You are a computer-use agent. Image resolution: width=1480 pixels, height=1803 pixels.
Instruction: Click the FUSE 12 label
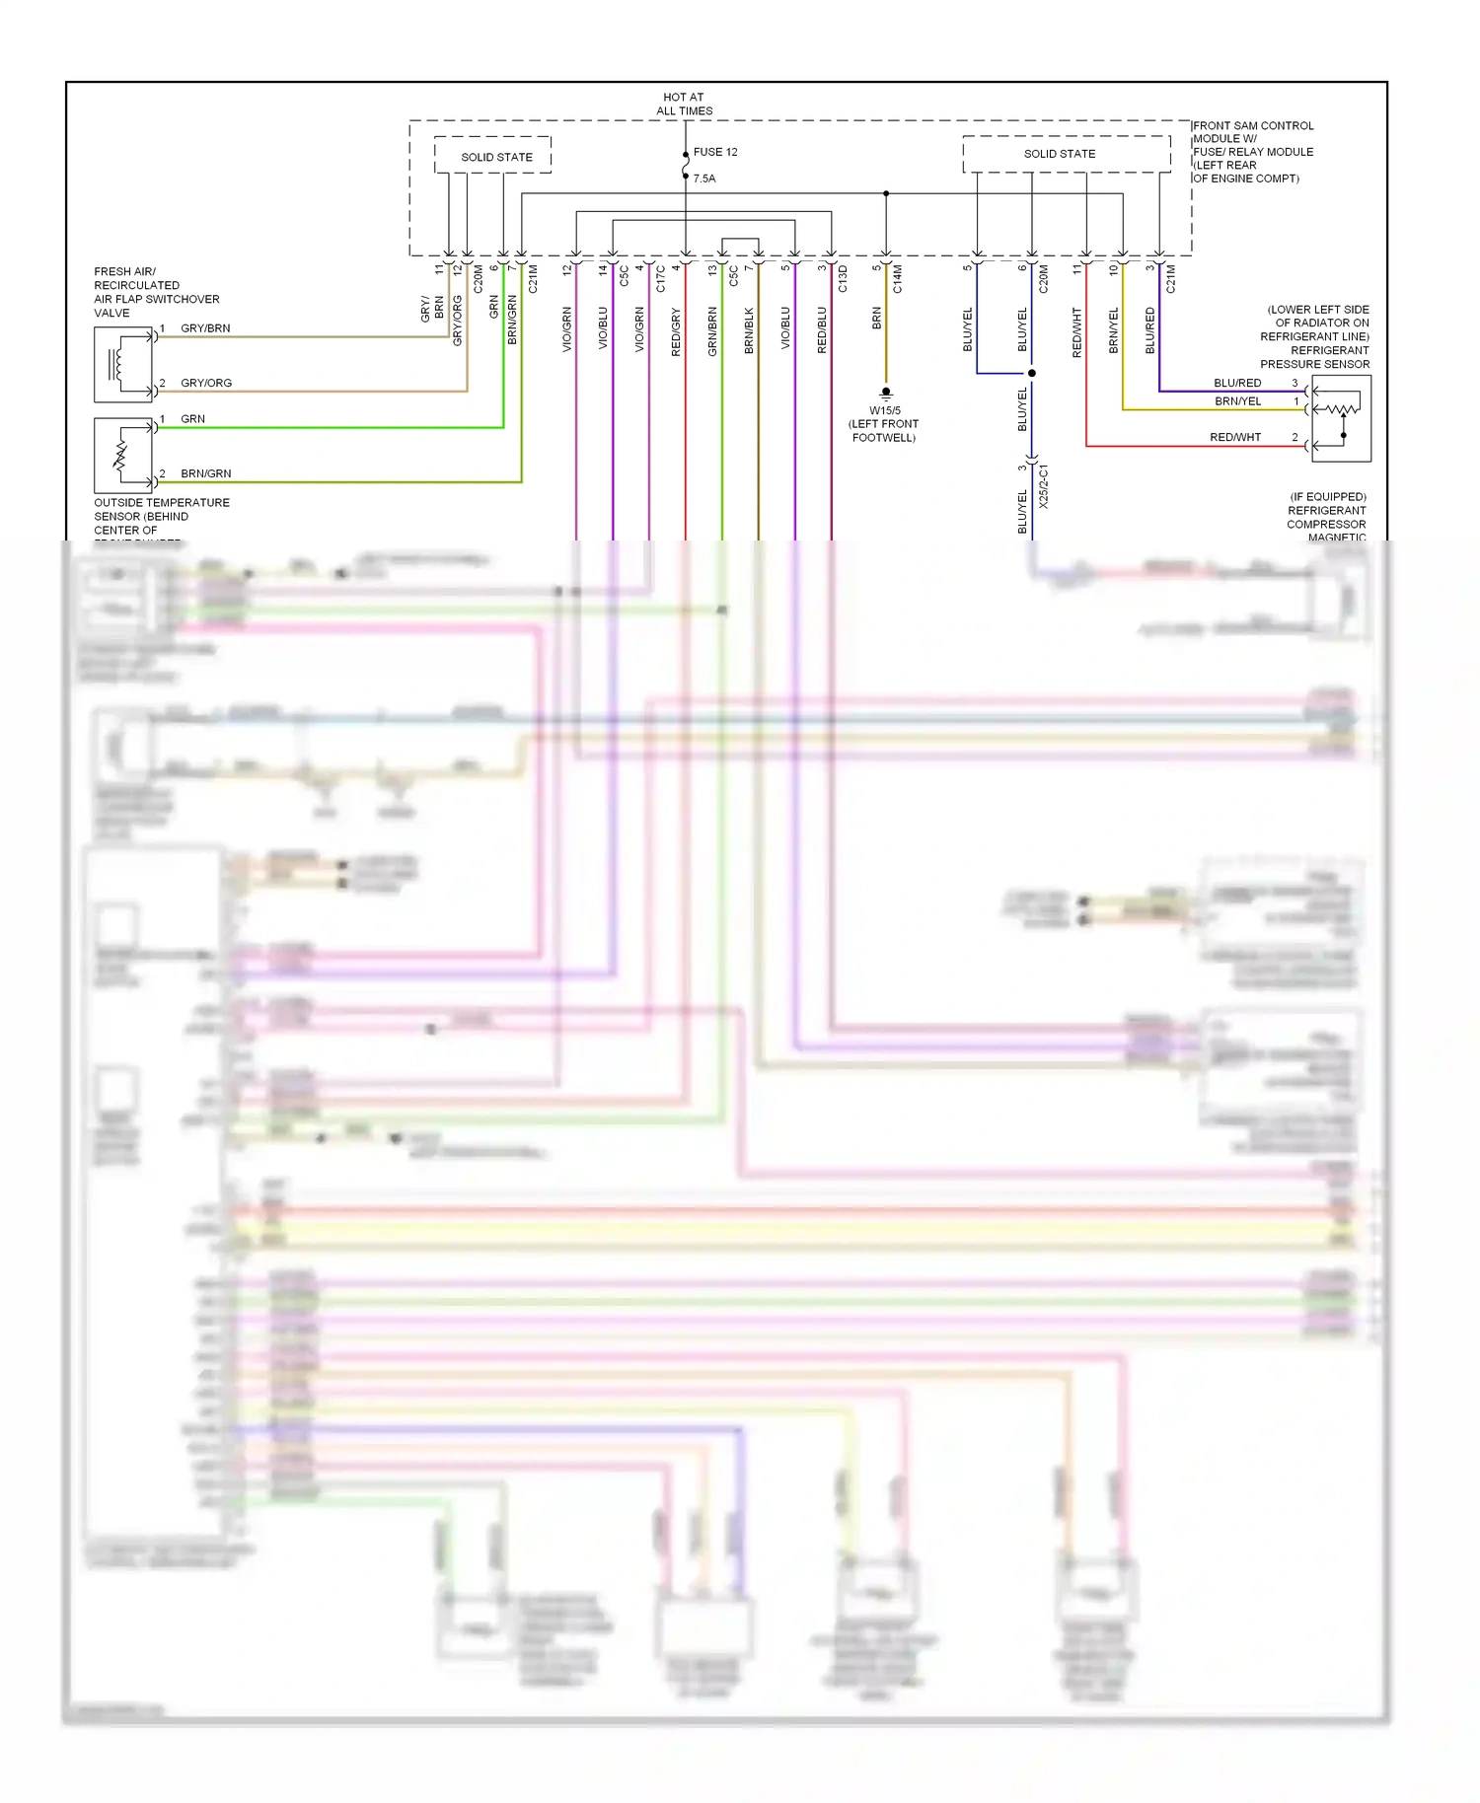pos(714,152)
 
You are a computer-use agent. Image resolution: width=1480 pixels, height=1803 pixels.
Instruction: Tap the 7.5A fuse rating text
pos(703,179)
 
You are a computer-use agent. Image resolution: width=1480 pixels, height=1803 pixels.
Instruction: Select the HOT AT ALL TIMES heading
pos(684,104)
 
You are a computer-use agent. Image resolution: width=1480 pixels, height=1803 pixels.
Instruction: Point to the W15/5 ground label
pos(884,410)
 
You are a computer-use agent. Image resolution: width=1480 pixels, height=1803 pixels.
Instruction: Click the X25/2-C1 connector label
pos(1044,486)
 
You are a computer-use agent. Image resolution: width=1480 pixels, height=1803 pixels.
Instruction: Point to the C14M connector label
pos(898,279)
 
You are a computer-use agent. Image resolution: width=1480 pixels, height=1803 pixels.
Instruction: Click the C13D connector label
pos(843,279)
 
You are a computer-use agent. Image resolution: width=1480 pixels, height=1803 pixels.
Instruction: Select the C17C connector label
pos(660,279)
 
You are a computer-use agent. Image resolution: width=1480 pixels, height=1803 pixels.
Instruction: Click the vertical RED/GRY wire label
pos(676,332)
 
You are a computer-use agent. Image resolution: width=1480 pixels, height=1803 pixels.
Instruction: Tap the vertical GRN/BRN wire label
pos(712,332)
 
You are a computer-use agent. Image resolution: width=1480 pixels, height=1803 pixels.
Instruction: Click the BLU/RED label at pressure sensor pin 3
pos(1237,383)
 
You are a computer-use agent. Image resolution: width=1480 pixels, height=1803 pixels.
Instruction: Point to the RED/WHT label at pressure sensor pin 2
pos(1235,437)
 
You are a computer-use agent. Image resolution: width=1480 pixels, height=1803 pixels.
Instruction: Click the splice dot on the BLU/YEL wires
pos(1032,374)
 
